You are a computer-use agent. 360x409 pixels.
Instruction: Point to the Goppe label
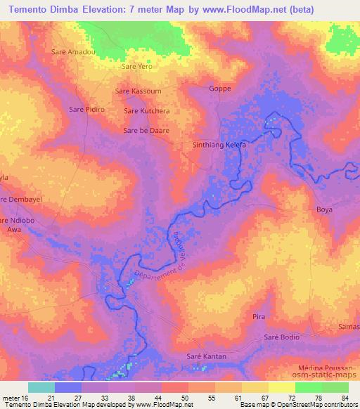(220, 89)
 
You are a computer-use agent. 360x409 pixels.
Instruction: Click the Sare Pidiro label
(86, 110)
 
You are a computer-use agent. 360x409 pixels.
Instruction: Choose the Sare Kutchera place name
(146, 111)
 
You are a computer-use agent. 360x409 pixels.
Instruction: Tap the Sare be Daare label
(146, 131)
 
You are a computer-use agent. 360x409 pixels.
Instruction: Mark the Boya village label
(324, 209)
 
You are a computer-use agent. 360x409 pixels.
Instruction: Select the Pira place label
(259, 318)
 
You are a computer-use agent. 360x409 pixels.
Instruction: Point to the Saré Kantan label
(206, 357)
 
